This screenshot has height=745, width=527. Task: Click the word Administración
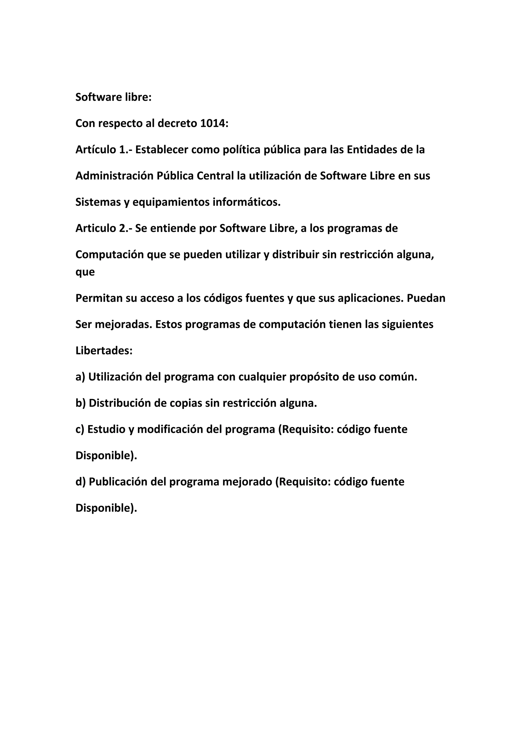[114, 176]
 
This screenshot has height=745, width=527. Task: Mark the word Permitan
[99, 298]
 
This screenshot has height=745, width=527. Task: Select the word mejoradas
[124, 324]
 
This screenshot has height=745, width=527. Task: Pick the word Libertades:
[104, 351]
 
